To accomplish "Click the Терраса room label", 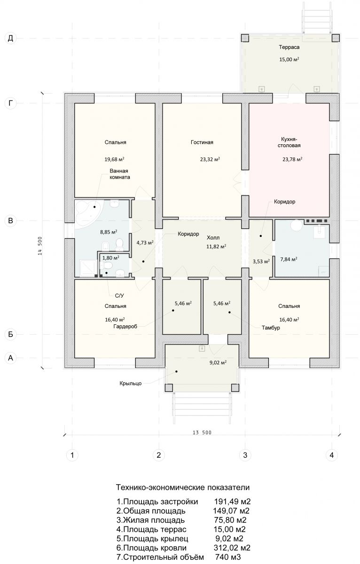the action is (289, 47).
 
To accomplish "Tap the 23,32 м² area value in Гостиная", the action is (210, 159).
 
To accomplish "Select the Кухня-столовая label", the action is (289, 142).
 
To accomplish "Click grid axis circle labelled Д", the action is (10, 38).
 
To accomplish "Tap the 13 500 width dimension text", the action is (202, 432).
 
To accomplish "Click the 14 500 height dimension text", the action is (40, 246).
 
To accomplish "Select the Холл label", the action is (213, 237).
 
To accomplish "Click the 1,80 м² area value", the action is (111, 258).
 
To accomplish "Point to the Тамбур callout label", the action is (271, 328).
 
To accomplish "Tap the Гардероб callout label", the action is (125, 327).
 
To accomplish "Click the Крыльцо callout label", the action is (130, 384).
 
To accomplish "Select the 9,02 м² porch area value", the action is (218, 362).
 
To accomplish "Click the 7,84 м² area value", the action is (289, 259).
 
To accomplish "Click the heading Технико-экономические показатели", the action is (183, 487).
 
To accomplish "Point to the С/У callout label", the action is (119, 296).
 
